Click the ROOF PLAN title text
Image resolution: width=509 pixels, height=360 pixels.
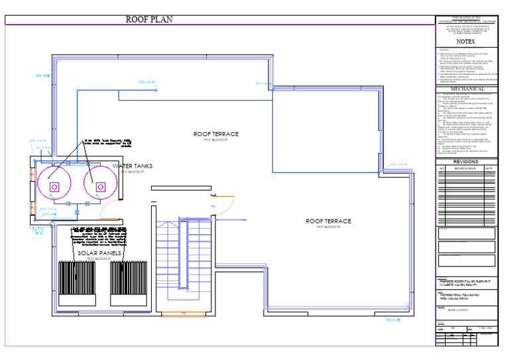(149, 20)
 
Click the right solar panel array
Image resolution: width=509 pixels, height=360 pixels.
(129, 283)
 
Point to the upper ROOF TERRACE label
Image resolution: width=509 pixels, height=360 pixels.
(216, 135)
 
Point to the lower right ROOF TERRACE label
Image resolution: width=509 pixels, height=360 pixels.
(328, 221)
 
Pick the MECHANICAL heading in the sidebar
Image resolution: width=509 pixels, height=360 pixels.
(467, 89)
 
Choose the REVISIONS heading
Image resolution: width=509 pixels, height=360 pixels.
(465, 162)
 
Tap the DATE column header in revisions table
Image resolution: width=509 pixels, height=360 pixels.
(488, 168)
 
